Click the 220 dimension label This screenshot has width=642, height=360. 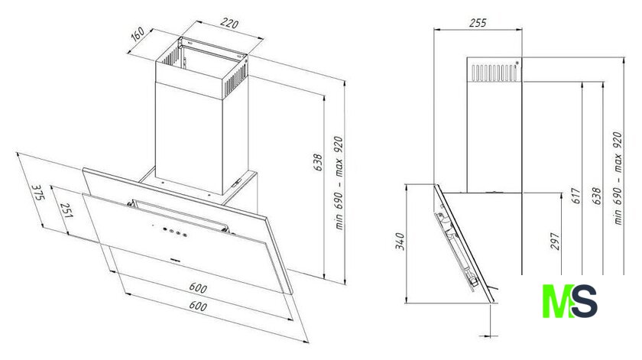coord(229,24)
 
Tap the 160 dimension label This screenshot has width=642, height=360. coord(138,34)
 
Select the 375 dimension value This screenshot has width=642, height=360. coord(37,193)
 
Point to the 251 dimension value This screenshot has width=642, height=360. coord(66,210)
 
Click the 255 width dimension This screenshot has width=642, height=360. coord(478,22)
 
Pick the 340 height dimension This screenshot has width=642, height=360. coord(400,242)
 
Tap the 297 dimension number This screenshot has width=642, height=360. coord(555,242)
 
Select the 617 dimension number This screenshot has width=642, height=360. coord(576,196)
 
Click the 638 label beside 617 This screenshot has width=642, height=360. coord(597,196)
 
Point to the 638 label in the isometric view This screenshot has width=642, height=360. coord(318,163)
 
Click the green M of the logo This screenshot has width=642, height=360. coord(556,301)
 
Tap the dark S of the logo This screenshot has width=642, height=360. coord(583,301)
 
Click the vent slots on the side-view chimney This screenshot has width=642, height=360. coord(494,73)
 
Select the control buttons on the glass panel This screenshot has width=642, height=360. coord(174,232)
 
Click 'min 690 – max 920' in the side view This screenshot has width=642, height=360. coord(618,178)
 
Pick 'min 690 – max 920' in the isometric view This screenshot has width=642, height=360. coord(339,183)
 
